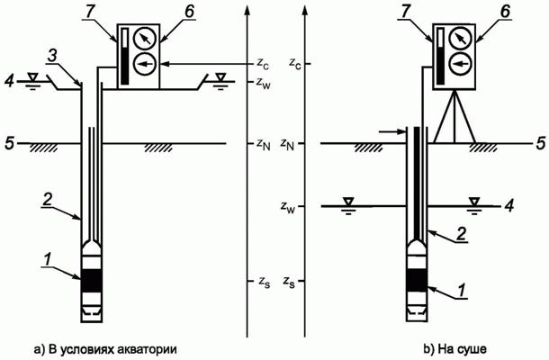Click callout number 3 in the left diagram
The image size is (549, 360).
(52, 58)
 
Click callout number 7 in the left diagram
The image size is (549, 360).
(90, 12)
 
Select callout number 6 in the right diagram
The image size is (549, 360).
(505, 12)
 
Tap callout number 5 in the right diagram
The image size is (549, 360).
(541, 143)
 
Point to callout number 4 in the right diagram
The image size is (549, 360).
(509, 206)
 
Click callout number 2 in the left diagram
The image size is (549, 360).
(48, 200)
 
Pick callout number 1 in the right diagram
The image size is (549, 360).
(463, 291)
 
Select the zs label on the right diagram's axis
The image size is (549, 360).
(289, 282)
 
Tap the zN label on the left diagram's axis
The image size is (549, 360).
(264, 144)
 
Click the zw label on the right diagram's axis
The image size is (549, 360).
(287, 206)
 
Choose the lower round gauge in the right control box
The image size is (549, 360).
(460, 64)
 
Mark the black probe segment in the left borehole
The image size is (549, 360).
(92, 281)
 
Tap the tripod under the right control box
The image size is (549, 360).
(454, 117)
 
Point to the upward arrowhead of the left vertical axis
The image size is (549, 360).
(247, 11)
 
